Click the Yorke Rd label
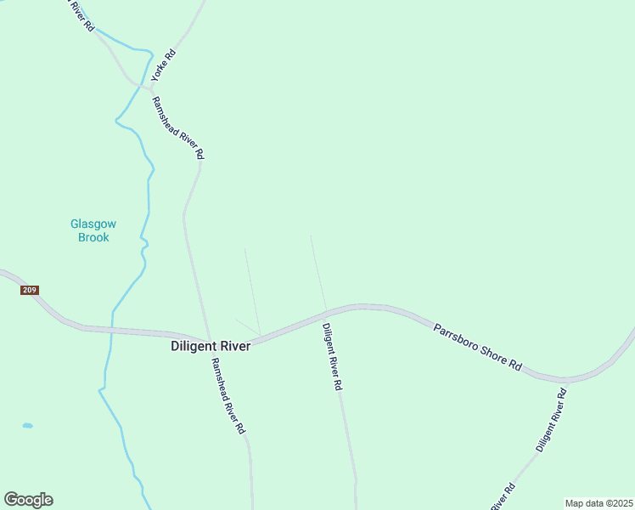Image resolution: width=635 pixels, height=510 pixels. [164, 65]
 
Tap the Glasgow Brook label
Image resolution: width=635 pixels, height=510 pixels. [93, 230]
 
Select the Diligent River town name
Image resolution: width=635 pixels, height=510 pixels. [211, 346]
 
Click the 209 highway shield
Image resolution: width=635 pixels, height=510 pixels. [29, 291]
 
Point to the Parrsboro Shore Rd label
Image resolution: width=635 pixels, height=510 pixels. [477, 346]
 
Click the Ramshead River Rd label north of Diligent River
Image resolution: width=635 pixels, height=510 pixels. [177, 127]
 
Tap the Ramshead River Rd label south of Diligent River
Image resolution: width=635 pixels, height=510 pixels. [228, 395]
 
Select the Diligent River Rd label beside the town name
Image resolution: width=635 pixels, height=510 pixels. [332, 355]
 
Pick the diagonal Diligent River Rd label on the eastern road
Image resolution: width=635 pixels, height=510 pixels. [550, 420]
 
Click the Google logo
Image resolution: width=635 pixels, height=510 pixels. [29, 500]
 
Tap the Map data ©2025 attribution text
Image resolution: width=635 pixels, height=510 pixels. [598, 503]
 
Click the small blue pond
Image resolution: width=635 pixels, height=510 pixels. [27, 425]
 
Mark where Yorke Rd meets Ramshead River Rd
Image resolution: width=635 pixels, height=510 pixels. [149, 88]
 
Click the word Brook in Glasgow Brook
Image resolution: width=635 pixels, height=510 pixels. [93, 237]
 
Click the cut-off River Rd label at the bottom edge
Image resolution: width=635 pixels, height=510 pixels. [504, 497]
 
